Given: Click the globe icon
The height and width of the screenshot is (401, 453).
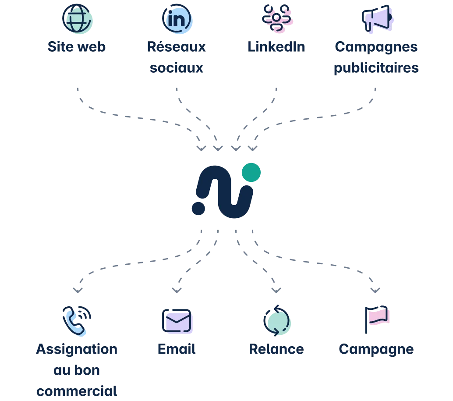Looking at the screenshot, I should coord(77,19).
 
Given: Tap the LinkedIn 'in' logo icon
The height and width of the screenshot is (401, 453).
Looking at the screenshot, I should coord(177,19).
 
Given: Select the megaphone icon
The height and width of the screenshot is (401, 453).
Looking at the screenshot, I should coord(377,20).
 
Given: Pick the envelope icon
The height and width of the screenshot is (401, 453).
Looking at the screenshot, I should coord(177,321).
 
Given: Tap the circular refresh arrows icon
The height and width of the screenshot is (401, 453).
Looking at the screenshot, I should coord(276,321).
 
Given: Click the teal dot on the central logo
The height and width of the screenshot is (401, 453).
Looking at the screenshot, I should coord(251,172).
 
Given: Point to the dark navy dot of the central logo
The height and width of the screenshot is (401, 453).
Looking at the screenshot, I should coord(198,208).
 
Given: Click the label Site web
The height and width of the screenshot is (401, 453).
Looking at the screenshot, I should coord(76,47).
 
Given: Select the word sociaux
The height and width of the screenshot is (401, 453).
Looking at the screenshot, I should coord(176,68).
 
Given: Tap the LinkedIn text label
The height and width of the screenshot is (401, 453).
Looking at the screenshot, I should coord(276,47).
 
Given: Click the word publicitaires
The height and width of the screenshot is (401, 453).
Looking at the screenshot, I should coord(376,68).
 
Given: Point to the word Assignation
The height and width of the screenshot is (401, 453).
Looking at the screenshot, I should coord(77,349).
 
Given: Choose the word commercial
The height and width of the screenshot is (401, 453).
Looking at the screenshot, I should coord(77,390).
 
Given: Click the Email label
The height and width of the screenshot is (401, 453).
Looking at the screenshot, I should coord(177,349).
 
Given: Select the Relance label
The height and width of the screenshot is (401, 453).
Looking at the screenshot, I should coord(276,349).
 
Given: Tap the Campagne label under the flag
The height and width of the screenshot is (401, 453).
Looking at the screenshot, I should coord(375,349).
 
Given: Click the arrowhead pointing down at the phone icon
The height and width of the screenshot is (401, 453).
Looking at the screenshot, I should coord(78,291).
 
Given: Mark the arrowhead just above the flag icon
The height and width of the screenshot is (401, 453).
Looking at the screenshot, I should coord(375,291).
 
